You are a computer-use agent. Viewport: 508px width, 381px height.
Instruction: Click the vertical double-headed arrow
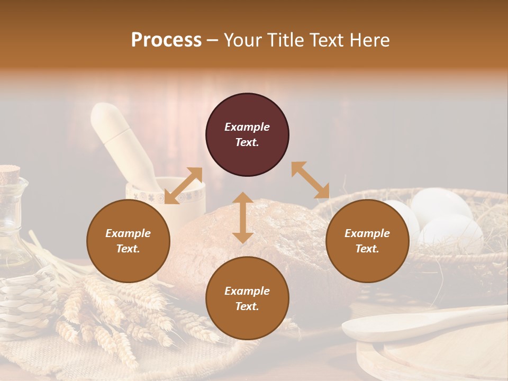coord(243,217)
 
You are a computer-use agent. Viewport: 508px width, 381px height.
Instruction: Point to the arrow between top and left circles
coord(184,186)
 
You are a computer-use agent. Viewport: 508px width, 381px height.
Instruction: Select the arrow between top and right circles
coord(310,180)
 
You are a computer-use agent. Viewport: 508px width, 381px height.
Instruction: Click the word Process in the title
coord(166,40)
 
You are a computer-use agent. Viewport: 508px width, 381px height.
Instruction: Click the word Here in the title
coord(370,40)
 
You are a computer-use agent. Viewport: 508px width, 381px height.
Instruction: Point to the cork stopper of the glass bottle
coord(9,173)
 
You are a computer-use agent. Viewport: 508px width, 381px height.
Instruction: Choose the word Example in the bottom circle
coord(247,291)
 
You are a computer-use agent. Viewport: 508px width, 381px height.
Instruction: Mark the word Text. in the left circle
coord(128,249)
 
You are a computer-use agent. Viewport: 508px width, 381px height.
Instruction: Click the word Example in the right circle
coord(367,233)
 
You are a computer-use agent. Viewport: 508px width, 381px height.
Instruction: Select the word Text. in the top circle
coord(247,142)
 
